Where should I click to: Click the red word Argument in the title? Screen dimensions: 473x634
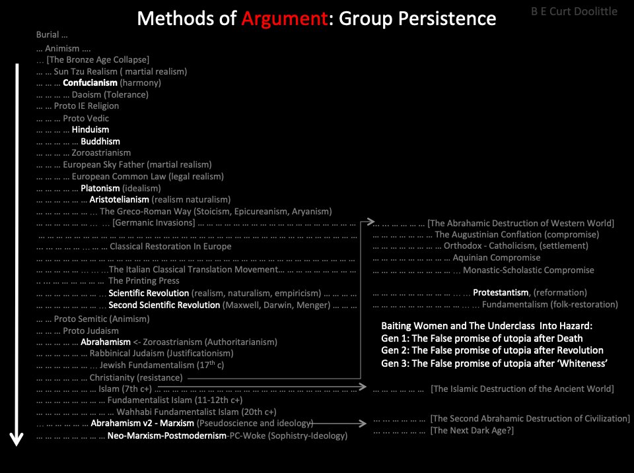[x=284, y=18]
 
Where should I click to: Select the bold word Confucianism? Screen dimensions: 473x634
[x=90, y=83]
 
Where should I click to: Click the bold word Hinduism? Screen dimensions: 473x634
[x=90, y=130]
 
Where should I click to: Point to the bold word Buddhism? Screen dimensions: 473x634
[x=100, y=142]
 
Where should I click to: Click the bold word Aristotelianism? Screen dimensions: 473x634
[x=119, y=199]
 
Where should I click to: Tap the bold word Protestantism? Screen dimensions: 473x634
[x=501, y=293]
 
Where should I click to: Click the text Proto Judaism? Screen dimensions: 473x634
[x=90, y=331]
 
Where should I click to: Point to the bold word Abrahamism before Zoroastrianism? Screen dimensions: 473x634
[x=106, y=342]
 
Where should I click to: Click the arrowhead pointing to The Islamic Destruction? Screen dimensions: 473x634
[x=361, y=388]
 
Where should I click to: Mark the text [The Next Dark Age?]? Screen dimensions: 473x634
[x=472, y=431]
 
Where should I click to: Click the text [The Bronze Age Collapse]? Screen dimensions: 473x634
[x=102, y=60]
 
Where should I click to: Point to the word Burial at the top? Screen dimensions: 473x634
[x=48, y=34]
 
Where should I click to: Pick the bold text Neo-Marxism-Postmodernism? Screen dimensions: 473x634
[x=166, y=436]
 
